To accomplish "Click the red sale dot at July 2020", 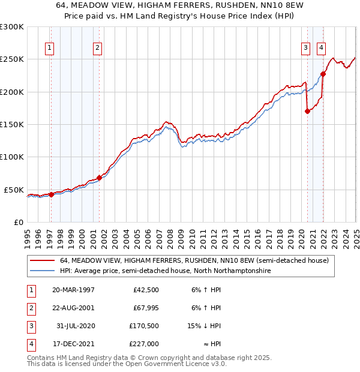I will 307,111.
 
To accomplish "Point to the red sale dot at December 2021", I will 323,74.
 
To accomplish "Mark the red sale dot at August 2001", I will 100,178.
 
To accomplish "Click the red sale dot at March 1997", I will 51,194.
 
